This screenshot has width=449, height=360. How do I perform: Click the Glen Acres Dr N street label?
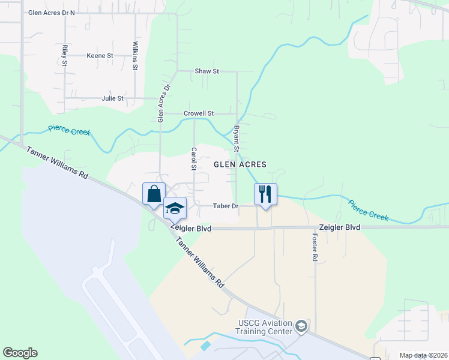point(52,13)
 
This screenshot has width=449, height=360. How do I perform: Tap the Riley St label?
point(64,54)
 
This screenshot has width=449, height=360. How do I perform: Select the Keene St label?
point(100,56)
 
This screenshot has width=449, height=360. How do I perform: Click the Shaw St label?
point(206,71)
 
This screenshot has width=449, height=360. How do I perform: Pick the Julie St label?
point(112,98)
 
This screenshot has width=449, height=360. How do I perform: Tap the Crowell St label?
point(199,113)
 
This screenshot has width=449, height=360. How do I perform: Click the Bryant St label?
point(237,139)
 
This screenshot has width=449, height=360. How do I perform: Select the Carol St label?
point(194,159)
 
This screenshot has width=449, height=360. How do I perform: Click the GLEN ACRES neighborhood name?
point(240,164)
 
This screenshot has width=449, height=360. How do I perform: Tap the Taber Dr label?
point(226,206)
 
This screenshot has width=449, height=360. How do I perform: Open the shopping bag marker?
point(154,194)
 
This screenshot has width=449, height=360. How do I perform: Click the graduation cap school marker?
point(175,208)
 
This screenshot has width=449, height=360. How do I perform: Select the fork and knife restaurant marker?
point(265,194)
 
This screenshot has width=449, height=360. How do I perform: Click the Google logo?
point(20,353)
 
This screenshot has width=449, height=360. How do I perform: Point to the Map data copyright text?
point(423,355)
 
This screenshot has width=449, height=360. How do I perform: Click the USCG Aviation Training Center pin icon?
point(301,326)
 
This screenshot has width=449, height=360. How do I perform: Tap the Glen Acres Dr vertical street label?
point(160,104)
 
